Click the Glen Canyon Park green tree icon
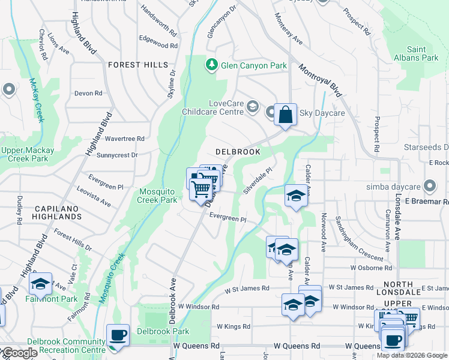(x=211, y=65)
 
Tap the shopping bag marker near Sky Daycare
(x=285, y=114)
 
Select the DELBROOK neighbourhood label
(x=238, y=152)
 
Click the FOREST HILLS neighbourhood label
(x=138, y=65)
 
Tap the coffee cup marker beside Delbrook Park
(x=117, y=335)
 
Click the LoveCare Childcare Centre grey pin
(x=252, y=107)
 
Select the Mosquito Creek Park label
(x=158, y=195)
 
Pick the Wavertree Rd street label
(x=124, y=138)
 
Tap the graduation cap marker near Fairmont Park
(x=40, y=284)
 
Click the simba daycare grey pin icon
(x=429, y=185)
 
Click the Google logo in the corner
(x=19, y=353)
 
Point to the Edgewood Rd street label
(x=158, y=46)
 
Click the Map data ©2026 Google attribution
(x=412, y=355)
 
